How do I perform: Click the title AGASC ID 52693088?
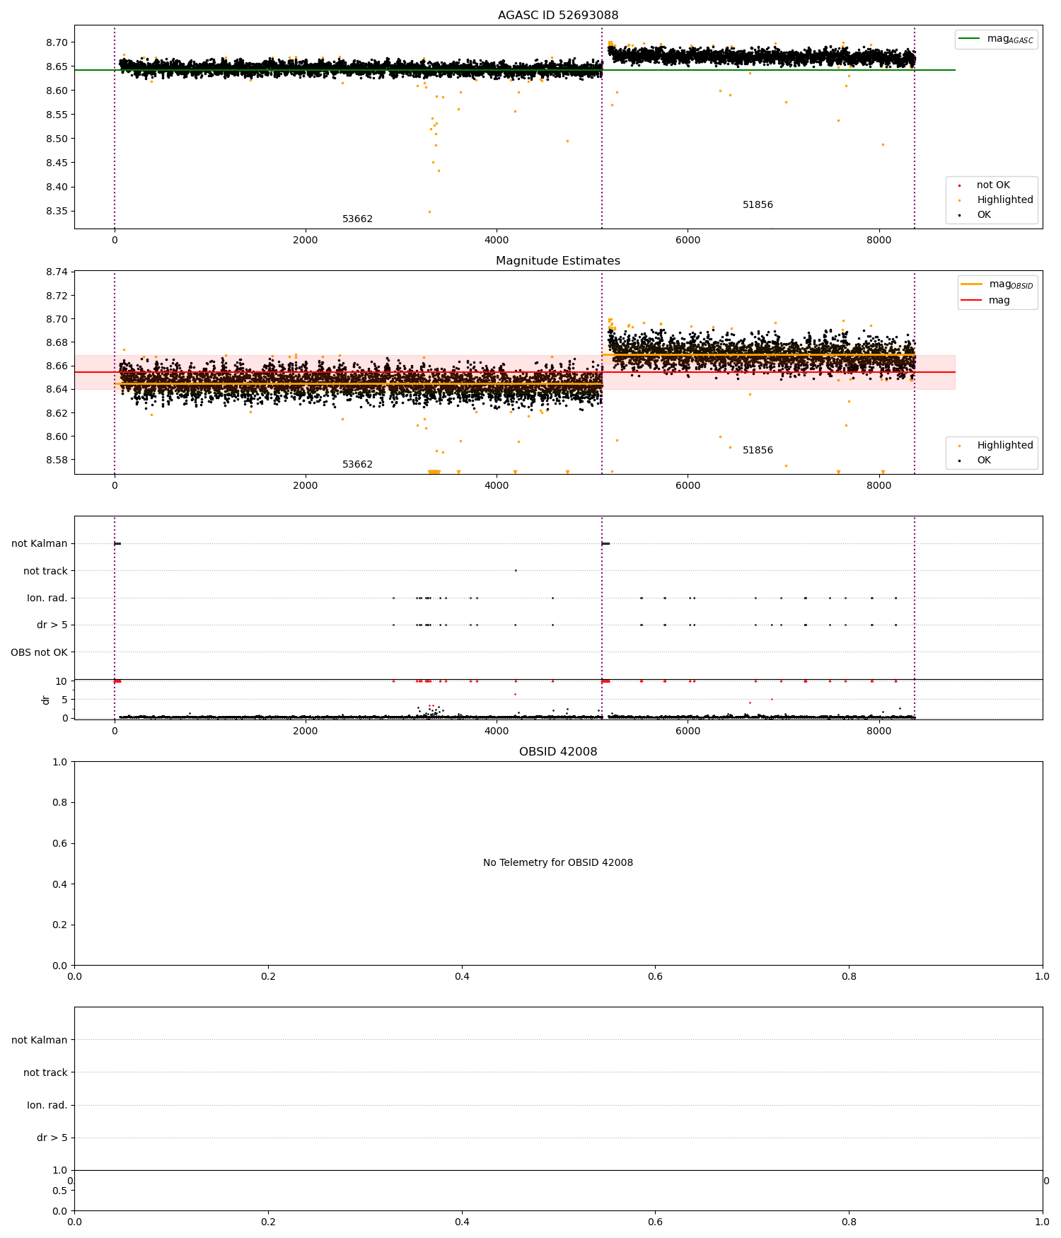coord(557,16)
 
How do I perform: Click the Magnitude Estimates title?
coord(557,261)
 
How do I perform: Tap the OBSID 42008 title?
coord(557,752)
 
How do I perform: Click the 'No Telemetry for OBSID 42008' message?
coord(557,863)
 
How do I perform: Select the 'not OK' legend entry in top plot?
coord(993,185)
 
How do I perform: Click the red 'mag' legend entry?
coord(999,301)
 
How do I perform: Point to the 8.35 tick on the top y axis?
coord(56,212)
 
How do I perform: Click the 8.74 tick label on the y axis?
coord(56,272)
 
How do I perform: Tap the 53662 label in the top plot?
coord(357,219)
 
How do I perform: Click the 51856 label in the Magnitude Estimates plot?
coord(758,451)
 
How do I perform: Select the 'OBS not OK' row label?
coord(39,652)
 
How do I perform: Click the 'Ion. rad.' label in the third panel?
coord(47,598)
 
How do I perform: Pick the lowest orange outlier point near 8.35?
coord(429,212)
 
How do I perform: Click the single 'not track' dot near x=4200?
coord(516,570)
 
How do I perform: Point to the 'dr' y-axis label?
coord(46,700)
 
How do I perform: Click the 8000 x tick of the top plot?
coord(879,241)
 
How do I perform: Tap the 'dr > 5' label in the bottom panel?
coord(52,1138)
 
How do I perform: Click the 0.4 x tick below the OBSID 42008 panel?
coord(462,977)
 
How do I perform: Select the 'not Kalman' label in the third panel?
coord(39,544)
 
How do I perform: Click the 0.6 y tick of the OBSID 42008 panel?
coord(60,843)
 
